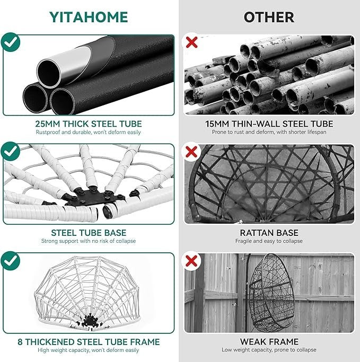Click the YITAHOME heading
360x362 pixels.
pyautogui.click(x=89, y=17)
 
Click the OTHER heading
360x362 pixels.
pyautogui.click(x=269, y=17)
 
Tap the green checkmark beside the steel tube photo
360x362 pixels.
pyautogui.click(x=11, y=42)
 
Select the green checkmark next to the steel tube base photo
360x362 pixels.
pyautogui.click(x=11, y=151)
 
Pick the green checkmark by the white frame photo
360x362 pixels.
pyautogui.click(x=11, y=261)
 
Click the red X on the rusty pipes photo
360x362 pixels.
pyautogui.click(x=191, y=42)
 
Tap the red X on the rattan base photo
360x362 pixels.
pyautogui.click(x=191, y=152)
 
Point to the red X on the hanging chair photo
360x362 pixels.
pyautogui.click(x=191, y=261)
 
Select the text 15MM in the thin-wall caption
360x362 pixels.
pyautogui.click(x=217, y=124)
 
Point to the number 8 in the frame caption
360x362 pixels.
pyautogui.click(x=20, y=342)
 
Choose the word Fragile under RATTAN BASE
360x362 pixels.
pyautogui.click(x=243, y=241)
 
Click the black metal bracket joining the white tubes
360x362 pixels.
pyautogui.click(x=92, y=197)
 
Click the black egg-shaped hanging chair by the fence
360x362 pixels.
pyautogui.click(x=271, y=293)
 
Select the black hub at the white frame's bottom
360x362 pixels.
pyautogui.click(x=90, y=321)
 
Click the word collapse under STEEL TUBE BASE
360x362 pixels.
pyautogui.click(x=126, y=241)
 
